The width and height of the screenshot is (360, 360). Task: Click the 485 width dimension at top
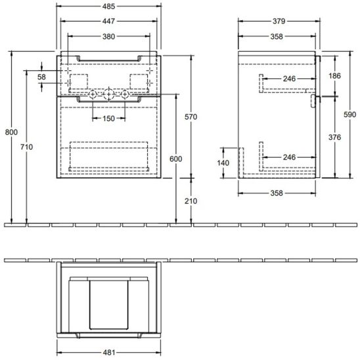pyautogui.click(x=110, y=5)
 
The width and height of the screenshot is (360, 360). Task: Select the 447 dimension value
pyautogui.click(x=110, y=21)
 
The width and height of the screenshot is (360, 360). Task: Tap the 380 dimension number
pyautogui.click(x=110, y=37)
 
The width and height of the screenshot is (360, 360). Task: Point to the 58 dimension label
pyautogui.click(x=42, y=78)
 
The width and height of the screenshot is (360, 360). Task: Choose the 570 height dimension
pyautogui.click(x=191, y=116)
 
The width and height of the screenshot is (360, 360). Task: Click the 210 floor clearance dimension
pyautogui.click(x=191, y=200)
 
